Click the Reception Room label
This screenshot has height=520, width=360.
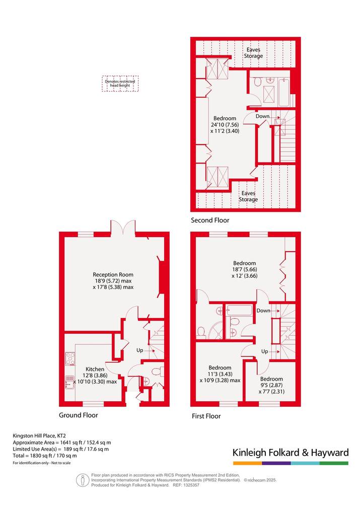113,274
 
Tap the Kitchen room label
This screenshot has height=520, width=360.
95,369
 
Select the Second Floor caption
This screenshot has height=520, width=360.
210,220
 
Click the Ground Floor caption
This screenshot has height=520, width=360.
79,415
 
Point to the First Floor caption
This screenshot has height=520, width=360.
206,416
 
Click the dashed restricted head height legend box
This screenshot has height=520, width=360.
120,84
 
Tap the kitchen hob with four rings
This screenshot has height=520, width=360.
70,358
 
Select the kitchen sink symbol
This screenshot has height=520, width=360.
69,382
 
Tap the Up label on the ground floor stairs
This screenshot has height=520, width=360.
139,350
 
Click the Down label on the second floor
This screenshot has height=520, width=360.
262,116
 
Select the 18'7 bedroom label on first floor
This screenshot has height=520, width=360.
245,263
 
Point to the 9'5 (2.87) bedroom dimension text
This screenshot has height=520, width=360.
271,386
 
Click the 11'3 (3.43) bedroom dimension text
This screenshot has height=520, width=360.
220,374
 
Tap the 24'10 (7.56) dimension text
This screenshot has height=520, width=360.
225,125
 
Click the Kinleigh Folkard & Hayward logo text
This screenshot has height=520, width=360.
291,453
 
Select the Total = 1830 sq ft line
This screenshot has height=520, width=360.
45,456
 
